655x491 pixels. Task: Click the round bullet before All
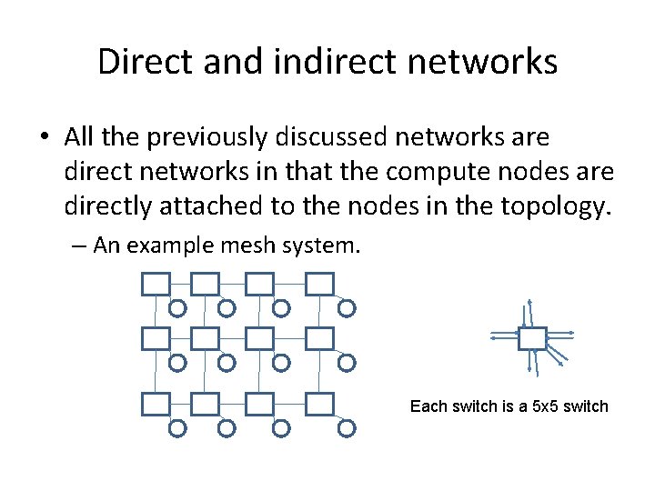[x=45, y=138]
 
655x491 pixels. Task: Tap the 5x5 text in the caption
[x=546, y=406]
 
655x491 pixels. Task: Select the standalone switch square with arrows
[x=531, y=338]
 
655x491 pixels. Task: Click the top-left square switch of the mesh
[x=156, y=285]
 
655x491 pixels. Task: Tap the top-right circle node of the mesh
[x=347, y=309]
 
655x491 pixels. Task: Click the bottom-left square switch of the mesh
[x=156, y=404]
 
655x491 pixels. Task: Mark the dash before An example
[x=81, y=246]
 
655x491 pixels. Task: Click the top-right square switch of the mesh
[x=319, y=285]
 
